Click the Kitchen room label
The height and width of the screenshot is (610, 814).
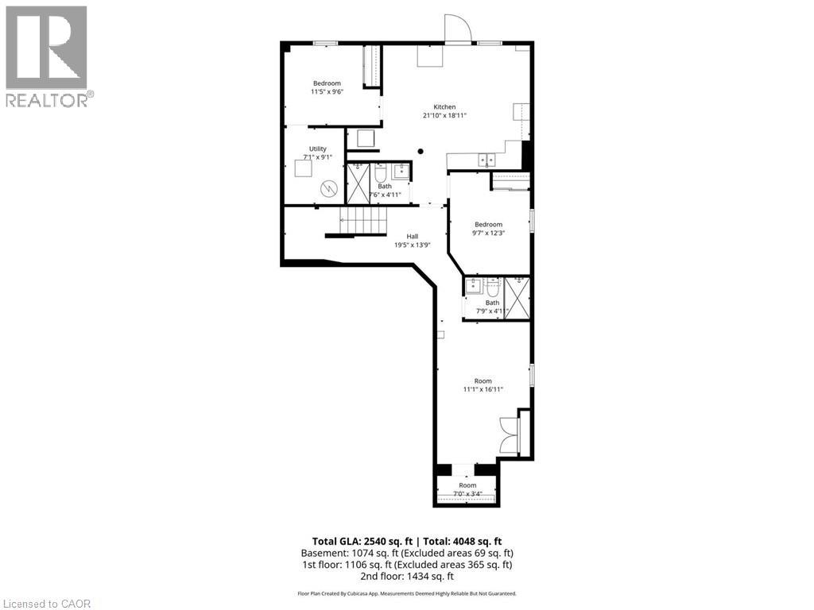444,107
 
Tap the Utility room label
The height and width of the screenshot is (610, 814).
318,149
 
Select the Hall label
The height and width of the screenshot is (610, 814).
413,237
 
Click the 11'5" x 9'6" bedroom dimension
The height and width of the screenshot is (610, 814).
327,92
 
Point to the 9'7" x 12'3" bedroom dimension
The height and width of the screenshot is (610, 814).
489,233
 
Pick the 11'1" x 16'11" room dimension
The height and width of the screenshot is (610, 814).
483,389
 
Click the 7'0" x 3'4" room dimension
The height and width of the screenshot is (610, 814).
467,494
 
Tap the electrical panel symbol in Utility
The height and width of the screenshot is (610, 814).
328,188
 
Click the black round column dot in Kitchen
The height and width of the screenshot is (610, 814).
421,152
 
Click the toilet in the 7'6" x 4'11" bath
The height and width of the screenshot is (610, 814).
379,171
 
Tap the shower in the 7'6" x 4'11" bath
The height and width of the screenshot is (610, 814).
359,183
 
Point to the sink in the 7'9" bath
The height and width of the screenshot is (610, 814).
474,286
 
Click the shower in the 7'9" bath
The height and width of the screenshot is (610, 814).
517,299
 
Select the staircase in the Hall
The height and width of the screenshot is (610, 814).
363,221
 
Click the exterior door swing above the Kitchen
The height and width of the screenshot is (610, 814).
457,28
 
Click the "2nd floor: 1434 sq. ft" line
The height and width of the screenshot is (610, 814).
406,576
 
